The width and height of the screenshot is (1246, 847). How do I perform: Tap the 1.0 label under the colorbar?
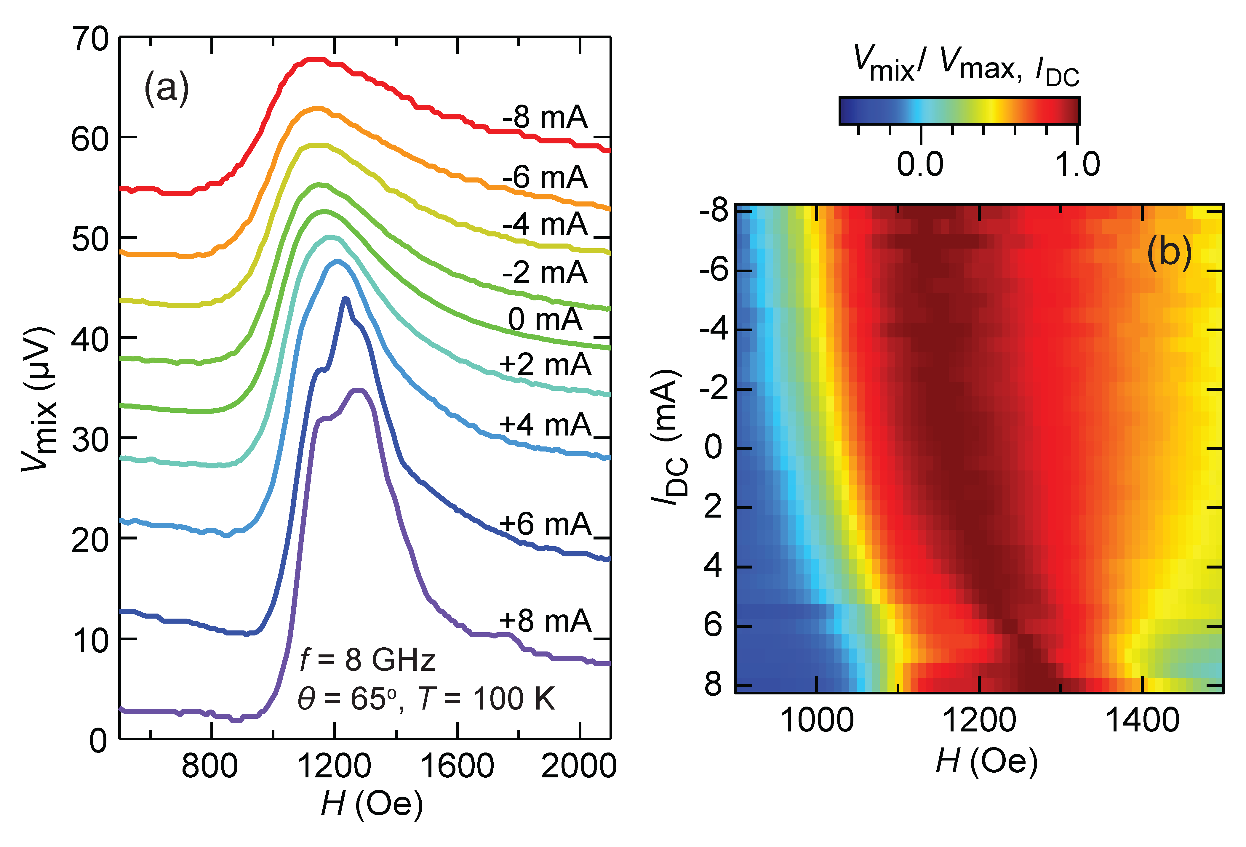(1078, 164)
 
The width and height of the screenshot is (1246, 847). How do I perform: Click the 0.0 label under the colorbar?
(920, 164)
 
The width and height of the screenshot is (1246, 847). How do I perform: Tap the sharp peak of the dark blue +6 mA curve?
(346, 299)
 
